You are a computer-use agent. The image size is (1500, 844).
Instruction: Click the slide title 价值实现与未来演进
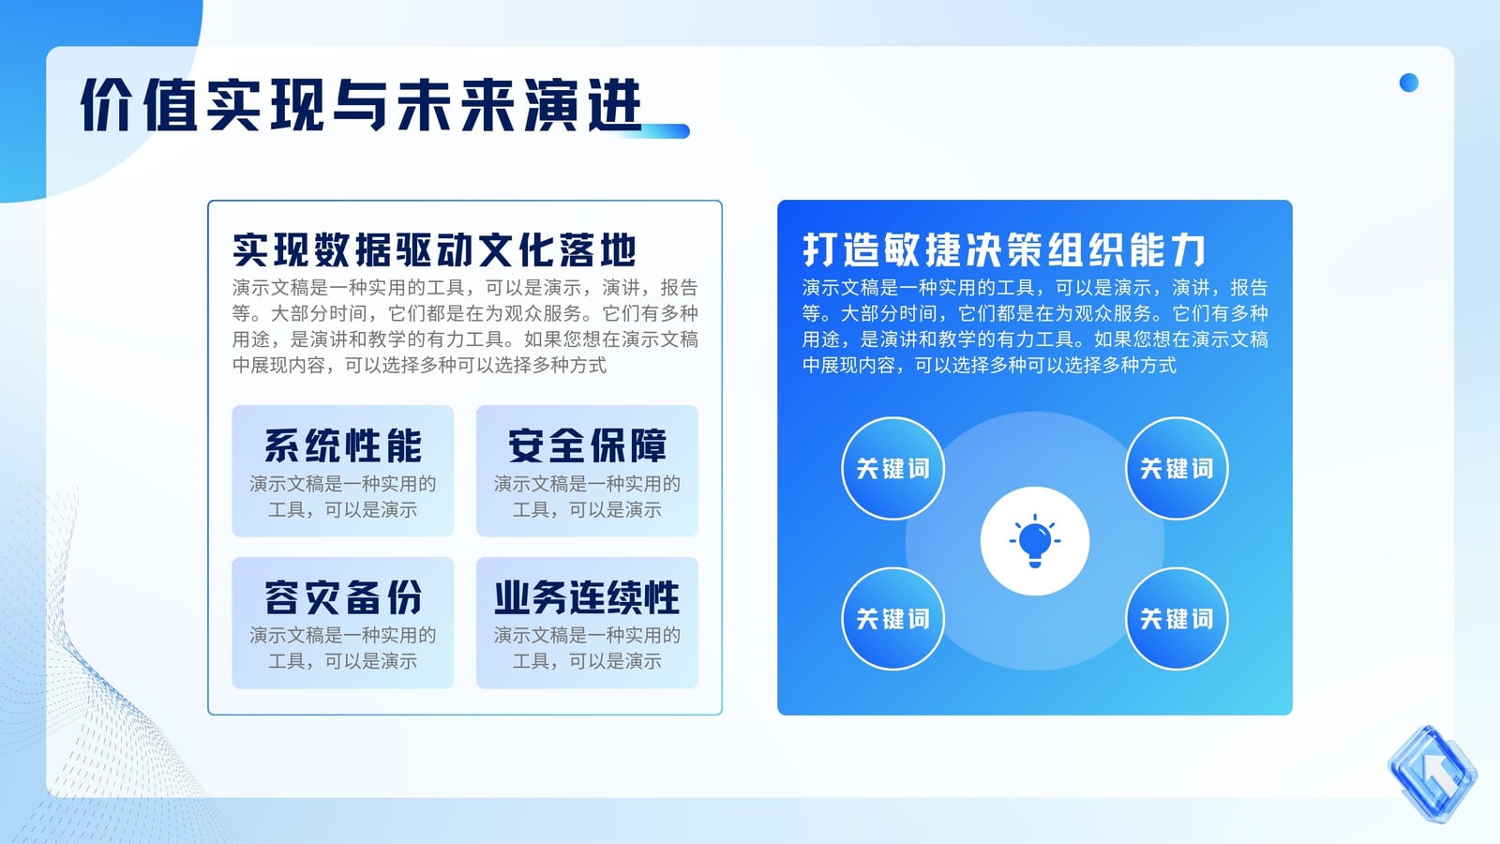(362, 104)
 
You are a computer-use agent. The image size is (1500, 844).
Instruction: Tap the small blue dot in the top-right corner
(1409, 83)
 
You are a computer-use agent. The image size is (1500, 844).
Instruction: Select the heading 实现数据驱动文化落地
(434, 249)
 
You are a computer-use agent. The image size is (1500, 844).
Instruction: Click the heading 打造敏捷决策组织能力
(1004, 249)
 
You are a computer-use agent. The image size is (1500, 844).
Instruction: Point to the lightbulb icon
(1035, 540)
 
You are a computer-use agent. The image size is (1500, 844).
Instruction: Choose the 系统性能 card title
(343, 445)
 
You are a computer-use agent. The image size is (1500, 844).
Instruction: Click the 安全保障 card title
(587, 445)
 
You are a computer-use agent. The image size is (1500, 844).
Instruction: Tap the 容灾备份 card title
(343, 596)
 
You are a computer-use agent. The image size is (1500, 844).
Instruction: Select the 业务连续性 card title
(587, 596)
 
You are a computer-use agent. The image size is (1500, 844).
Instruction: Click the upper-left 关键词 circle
(892, 468)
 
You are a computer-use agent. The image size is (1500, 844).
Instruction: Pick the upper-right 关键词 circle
(1177, 468)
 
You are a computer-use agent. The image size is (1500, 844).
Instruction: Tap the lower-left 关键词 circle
(892, 618)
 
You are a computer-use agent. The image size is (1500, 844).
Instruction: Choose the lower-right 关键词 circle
(1177, 618)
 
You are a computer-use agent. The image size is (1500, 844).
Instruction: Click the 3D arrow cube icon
(1432, 774)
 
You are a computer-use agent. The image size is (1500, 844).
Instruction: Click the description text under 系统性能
(343, 496)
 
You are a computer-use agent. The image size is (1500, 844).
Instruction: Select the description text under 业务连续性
(587, 648)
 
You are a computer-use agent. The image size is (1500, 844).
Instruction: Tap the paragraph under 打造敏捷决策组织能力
(1035, 326)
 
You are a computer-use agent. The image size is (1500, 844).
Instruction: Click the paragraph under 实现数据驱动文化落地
(465, 326)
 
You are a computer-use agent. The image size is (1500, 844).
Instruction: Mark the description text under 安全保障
(587, 496)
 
